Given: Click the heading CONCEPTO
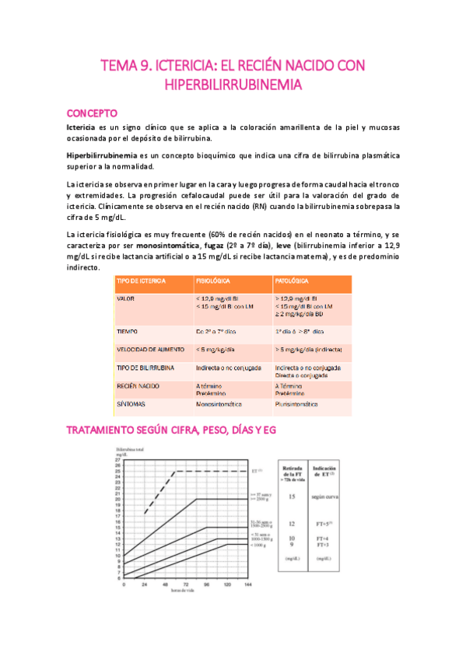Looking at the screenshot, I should click(92, 112).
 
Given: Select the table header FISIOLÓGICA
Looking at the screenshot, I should click(214, 281).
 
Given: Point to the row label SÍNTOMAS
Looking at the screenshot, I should click(131, 404).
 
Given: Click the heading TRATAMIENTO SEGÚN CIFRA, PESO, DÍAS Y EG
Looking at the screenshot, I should click(171, 430).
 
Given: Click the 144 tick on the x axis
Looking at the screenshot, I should click(248, 584).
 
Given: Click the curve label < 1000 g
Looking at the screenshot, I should click(259, 546).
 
